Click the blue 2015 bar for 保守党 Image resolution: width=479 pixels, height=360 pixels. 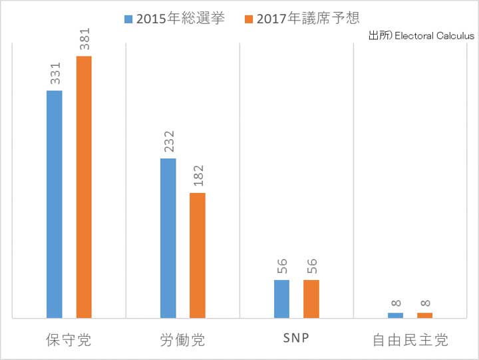[x=55, y=204]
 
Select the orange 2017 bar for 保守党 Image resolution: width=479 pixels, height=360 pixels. [x=84, y=187]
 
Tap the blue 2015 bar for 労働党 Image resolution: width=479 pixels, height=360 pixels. [x=168, y=238]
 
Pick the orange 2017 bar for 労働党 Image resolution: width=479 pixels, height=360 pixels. [x=198, y=256]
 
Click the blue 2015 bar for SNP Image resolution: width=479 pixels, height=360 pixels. [x=281, y=299]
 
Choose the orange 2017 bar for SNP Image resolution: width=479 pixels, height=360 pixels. [x=311, y=299]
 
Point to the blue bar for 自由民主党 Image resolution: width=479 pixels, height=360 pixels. [x=395, y=315]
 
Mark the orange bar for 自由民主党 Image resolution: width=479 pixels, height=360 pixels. [x=424, y=315]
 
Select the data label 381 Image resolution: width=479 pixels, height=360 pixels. [x=84, y=39]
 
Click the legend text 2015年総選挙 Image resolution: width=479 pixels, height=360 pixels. [x=180, y=18]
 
